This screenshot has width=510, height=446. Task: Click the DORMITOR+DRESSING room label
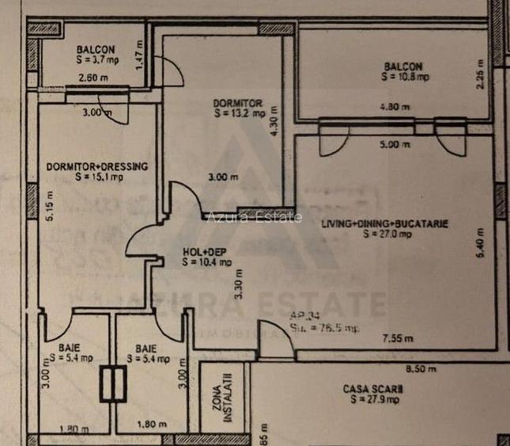tap(97, 166)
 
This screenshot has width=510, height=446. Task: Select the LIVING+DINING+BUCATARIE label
tap(384, 224)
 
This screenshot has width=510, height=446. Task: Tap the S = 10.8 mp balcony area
tap(404, 78)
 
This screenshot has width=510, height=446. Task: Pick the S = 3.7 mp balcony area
tap(97, 60)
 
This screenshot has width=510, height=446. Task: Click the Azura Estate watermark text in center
tap(254, 217)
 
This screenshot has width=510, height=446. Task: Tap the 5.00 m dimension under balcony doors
tap(395, 144)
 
